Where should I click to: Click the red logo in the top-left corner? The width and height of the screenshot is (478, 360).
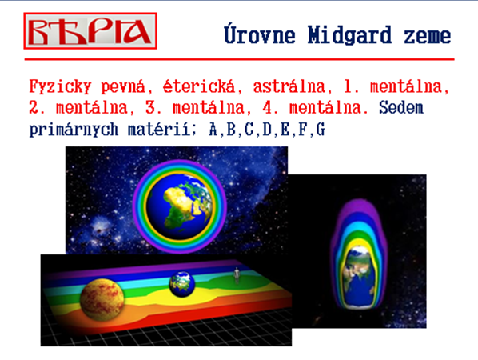[90, 31]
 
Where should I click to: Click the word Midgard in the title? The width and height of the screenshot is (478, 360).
[349, 35]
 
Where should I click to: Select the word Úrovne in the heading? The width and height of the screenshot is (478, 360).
[260, 34]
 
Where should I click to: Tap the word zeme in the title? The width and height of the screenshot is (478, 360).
[428, 36]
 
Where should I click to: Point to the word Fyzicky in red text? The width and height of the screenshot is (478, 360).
[61, 86]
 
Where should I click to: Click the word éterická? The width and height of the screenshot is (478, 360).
[199, 86]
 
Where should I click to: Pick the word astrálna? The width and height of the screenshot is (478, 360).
[289, 86]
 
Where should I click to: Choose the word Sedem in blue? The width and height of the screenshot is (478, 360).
[401, 107]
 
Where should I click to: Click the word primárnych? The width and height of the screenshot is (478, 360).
[74, 130]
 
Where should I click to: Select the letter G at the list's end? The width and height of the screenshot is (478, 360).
[321, 130]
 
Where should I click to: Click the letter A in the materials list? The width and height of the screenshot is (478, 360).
[213, 130]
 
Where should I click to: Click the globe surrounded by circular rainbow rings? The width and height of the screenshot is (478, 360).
[180, 206]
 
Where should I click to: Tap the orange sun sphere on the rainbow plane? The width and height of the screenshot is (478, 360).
[102, 300]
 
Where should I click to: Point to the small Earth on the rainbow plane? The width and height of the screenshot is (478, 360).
[182, 284]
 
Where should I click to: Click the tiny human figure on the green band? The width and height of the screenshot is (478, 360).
[237, 275]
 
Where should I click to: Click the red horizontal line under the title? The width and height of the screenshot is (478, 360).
[239, 59]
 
